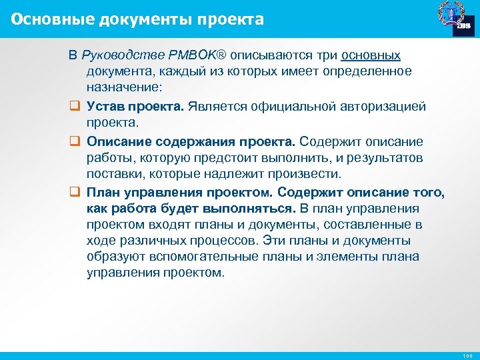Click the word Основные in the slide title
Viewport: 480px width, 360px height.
click(x=43, y=19)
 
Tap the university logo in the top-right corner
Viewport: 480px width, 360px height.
click(x=455, y=19)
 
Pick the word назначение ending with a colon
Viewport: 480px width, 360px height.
click(x=124, y=88)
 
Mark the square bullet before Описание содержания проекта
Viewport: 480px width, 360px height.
click(x=74, y=141)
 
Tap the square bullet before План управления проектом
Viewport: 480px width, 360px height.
click(x=74, y=193)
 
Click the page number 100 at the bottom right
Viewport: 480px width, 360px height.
click(x=466, y=355)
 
